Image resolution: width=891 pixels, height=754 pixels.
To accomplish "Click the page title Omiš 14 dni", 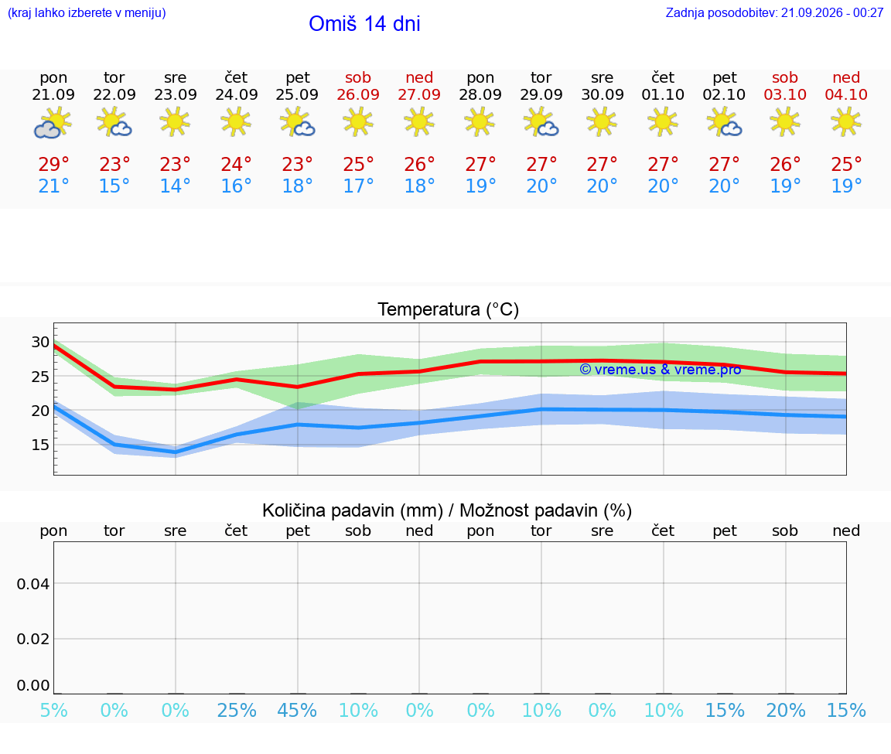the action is [x=364, y=24].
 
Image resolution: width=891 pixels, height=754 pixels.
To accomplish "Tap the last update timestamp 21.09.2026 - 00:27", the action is [x=832, y=12].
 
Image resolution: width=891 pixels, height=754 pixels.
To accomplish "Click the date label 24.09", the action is [x=237, y=94].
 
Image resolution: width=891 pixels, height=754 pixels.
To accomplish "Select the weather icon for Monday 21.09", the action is [x=53, y=123].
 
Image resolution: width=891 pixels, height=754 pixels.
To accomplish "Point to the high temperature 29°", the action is [x=53, y=164].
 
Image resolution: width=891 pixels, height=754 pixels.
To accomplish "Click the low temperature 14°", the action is [x=175, y=186].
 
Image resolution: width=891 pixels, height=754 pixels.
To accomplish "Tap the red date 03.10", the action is [x=785, y=94].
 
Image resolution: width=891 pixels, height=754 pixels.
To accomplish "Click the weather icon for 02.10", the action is [x=724, y=123].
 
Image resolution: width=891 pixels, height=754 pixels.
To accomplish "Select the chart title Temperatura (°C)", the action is [x=449, y=309].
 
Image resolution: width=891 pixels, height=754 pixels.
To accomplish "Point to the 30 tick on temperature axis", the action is [x=40, y=342].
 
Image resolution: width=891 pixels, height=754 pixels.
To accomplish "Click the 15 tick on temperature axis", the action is [x=40, y=445].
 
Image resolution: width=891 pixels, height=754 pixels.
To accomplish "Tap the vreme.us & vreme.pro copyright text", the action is [x=661, y=370].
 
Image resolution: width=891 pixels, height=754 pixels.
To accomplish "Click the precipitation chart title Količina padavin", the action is [x=353, y=510].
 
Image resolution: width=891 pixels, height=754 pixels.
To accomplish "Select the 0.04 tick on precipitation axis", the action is [x=33, y=584].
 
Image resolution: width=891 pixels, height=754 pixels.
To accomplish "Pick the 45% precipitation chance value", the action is [x=297, y=710].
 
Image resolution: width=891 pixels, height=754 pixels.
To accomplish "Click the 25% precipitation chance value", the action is [x=237, y=710].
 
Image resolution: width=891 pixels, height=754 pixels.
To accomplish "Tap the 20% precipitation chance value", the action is [x=785, y=710].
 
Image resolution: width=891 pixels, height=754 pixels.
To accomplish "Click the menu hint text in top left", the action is [x=87, y=12].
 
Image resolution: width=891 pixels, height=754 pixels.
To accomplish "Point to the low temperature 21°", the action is [x=53, y=186].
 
